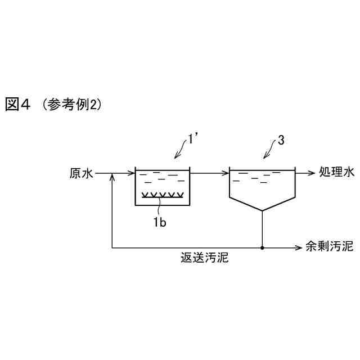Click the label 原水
(x=81, y=173)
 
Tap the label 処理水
(x=336, y=173)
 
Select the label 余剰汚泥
(x=329, y=247)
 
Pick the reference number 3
(x=281, y=141)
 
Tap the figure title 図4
(x=17, y=105)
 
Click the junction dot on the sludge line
(x=262, y=247)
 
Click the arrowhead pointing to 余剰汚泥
(x=300, y=247)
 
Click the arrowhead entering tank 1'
(x=133, y=173)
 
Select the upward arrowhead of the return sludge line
(x=113, y=178)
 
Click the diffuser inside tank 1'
(x=163, y=195)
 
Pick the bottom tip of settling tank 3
(x=262, y=210)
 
